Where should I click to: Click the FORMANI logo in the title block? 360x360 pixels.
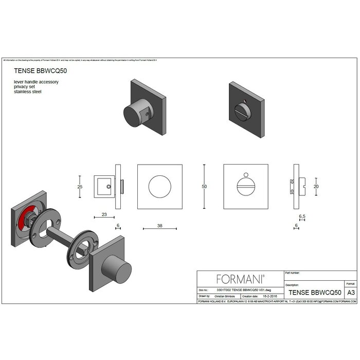click(x=240, y=279)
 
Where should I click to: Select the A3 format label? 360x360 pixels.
click(x=351, y=292)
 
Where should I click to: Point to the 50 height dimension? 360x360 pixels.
click(x=204, y=186)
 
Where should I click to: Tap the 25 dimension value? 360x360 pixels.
click(x=80, y=187)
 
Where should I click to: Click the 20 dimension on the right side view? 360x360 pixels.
click(x=316, y=186)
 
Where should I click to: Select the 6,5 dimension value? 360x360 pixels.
click(x=302, y=218)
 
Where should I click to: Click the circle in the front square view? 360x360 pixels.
click(x=159, y=186)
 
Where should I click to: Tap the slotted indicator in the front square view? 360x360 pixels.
click(x=245, y=186)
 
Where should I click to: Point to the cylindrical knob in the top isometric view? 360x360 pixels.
click(x=133, y=113)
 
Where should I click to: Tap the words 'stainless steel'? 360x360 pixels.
click(x=28, y=92)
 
